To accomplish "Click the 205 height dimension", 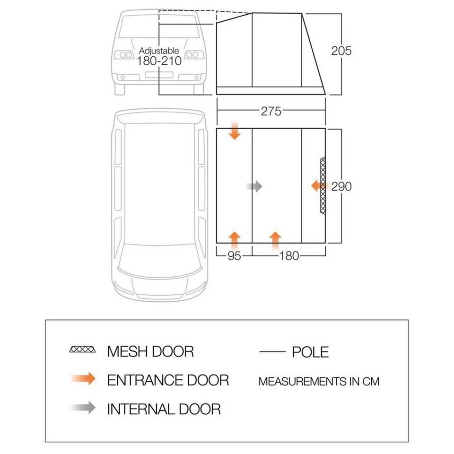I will click(x=341, y=51).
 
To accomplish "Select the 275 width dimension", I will click(x=271, y=112).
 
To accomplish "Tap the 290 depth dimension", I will click(x=341, y=186).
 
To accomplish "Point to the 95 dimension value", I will click(x=234, y=256).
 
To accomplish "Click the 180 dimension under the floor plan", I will click(x=288, y=256).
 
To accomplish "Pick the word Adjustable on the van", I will click(x=159, y=51).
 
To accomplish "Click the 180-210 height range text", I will click(x=159, y=61).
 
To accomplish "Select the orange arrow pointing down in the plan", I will click(x=235, y=131).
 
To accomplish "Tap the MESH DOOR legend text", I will click(x=150, y=351).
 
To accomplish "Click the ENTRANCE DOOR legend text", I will click(x=168, y=380).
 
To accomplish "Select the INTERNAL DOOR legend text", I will click(x=164, y=408).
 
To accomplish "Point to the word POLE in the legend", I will click(x=310, y=352).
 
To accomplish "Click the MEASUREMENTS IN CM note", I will click(x=319, y=381).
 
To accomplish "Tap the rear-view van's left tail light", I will click(x=126, y=55).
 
